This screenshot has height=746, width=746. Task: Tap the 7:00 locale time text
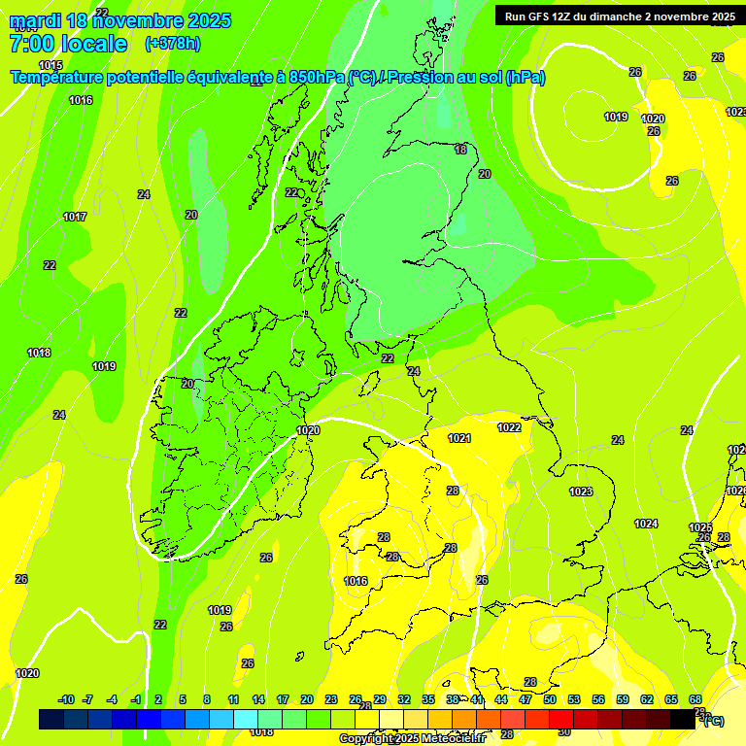coord(68,44)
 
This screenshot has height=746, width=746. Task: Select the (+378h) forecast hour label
coord(173,44)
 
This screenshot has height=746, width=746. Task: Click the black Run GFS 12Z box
coord(619,16)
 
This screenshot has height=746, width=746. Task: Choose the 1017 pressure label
coord(75,217)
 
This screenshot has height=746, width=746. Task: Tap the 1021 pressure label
coord(459,438)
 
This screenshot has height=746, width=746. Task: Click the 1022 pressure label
coord(509,427)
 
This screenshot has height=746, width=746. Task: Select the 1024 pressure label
coord(646,524)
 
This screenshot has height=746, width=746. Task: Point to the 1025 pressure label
coord(700,527)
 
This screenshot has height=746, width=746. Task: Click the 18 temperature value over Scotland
coord(460,150)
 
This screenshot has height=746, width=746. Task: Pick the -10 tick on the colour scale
coord(66,699)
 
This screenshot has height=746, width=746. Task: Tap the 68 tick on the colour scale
coord(695,699)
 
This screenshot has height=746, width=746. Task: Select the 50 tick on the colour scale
coord(550,699)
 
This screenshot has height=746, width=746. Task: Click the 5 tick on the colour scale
coord(183,699)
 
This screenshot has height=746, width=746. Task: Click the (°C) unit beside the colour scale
coord(713,720)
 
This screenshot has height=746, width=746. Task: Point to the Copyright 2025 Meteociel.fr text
coord(412,738)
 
